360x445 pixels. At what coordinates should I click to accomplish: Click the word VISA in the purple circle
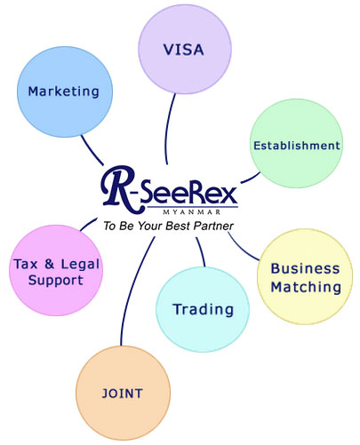pos(184,50)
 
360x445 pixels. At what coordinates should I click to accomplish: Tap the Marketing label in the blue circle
pos(63,91)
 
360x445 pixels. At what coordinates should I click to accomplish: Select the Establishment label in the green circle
pos(297,146)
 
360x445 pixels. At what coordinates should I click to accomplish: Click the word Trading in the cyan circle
pos(204,310)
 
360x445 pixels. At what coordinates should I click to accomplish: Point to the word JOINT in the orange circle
pos(123,393)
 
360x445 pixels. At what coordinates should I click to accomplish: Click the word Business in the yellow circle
pos(305,269)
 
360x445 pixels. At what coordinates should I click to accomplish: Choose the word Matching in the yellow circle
pos(306,287)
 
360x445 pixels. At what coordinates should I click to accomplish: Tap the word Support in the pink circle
pos(56,281)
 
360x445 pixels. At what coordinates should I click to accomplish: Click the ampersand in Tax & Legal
pos(50,264)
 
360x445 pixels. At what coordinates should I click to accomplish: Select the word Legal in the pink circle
pos(80,265)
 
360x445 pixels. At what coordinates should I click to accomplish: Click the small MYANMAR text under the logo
pos(192,212)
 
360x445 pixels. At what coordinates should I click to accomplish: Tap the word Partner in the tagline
pos(213,226)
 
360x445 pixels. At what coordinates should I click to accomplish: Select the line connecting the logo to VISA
pos(168,129)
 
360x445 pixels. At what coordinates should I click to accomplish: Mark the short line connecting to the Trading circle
pos(201,251)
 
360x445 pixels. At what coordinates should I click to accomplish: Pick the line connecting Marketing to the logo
pos(92,151)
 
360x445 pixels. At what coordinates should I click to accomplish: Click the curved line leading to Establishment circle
pos(251,179)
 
